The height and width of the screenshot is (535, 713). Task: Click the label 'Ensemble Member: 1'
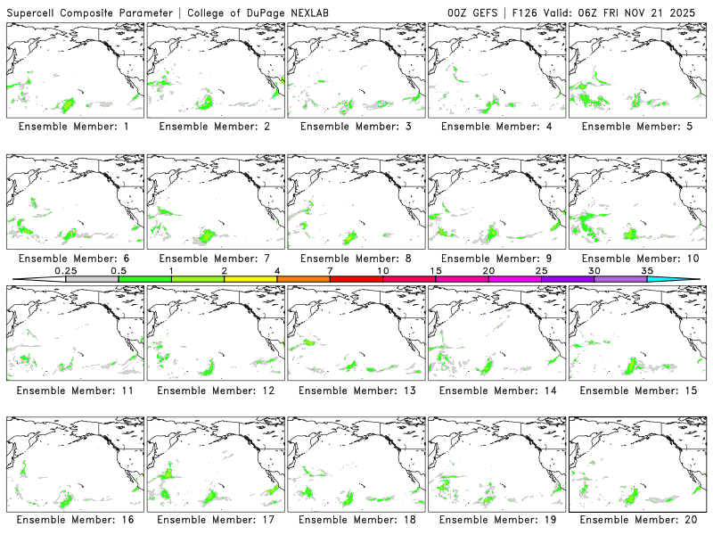coord(74,127)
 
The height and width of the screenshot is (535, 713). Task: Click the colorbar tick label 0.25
coord(66,270)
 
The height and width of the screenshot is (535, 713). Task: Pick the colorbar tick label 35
coord(647,270)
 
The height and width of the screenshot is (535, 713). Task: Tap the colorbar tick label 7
coord(330,270)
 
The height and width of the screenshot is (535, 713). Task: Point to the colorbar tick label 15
coord(436,270)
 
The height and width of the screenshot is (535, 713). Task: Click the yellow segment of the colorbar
coord(250,279)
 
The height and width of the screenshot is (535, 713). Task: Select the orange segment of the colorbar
coord(303,279)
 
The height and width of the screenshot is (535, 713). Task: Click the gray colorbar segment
coord(92,279)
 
